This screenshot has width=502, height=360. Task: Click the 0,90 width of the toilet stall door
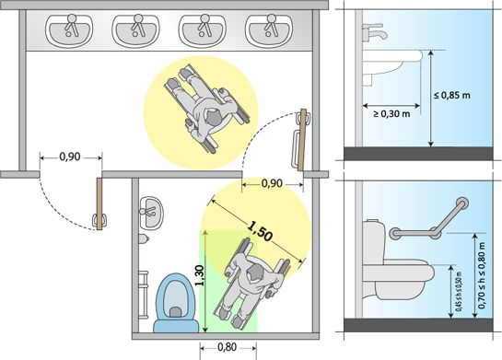[x=271, y=183]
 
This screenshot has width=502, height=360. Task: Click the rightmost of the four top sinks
[x=270, y=29]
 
